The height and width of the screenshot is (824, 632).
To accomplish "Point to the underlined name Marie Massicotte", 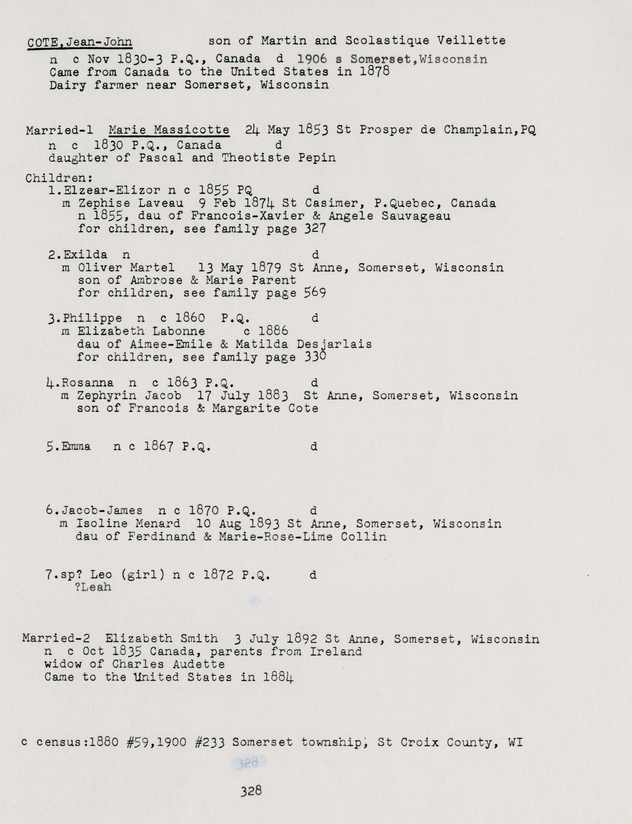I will coord(169,130).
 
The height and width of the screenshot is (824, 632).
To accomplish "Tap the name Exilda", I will coord(85,255).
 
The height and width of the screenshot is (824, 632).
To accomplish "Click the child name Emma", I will coord(76,446).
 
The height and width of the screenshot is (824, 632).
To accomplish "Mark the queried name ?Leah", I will coord(93,587).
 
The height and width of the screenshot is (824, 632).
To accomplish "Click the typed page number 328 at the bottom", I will coord(251,791).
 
